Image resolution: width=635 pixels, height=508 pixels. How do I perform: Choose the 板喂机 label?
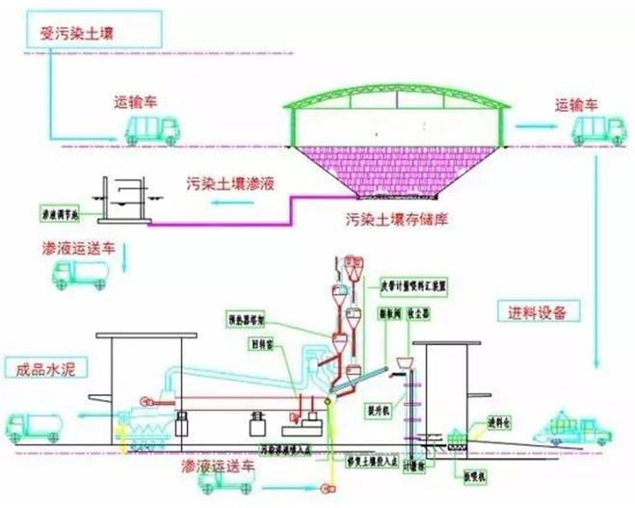pos(482,476)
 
